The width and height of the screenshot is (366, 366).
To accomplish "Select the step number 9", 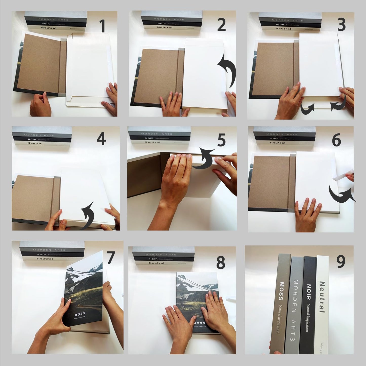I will coord(340,262).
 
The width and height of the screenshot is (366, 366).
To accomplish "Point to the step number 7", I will coord(111,258).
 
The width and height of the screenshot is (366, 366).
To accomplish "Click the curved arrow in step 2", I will coord(227,71).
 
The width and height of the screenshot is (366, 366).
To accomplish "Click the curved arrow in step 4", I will coord(88,215).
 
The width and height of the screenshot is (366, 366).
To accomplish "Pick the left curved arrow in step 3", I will coord(307,108).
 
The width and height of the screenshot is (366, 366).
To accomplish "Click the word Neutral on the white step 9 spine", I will coord(322,297).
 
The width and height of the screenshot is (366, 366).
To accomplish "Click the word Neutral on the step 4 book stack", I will coord(35,143).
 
